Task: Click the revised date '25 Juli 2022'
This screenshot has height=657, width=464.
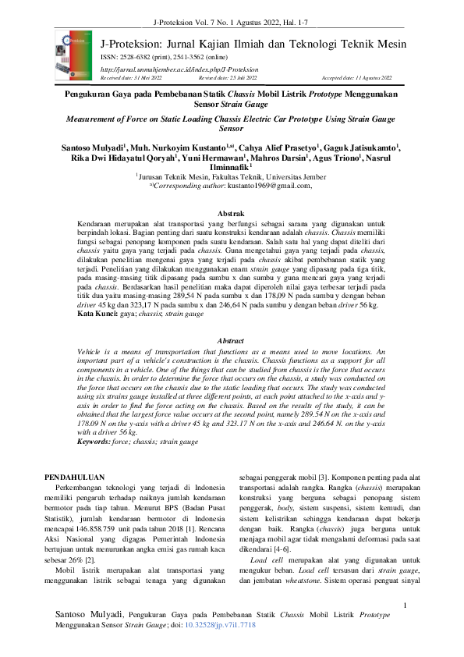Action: point(239,78)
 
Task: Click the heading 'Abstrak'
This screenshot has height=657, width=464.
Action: point(232,213)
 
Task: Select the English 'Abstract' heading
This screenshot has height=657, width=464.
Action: point(232,341)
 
